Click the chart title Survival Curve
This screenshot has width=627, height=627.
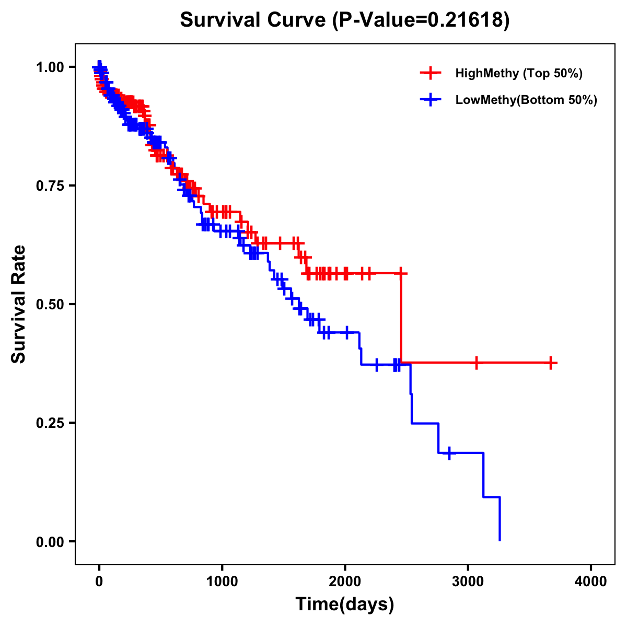click(x=253, y=20)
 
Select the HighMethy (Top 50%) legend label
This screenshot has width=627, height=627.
click(x=518, y=73)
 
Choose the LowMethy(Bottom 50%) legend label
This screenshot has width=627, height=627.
click(x=526, y=100)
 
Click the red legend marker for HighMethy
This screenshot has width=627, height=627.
click(x=431, y=73)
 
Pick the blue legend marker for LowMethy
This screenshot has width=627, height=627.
click(x=431, y=100)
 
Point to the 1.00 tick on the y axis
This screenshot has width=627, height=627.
click(x=50, y=67)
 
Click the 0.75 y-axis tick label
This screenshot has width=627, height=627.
click(x=50, y=185)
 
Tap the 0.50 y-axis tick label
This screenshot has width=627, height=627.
click(x=50, y=304)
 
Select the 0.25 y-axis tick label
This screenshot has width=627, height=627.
click(x=50, y=423)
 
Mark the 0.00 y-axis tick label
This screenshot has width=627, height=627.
click(x=50, y=541)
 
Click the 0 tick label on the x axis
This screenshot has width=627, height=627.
click(x=99, y=582)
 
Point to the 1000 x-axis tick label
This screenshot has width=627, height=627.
click(x=222, y=582)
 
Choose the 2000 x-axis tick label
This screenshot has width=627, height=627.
click(x=345, y=582)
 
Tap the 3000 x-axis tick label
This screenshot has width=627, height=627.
click(x=468, y=582)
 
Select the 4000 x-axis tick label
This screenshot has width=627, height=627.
click(x=591, y=582)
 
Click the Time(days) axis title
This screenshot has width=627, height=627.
click(x=345, y=605)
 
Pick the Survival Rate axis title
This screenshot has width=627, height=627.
click(x=19, y=304)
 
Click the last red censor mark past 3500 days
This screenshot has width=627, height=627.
click(x=551, y=363)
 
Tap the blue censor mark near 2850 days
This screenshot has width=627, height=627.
click(x=449, y=453)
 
